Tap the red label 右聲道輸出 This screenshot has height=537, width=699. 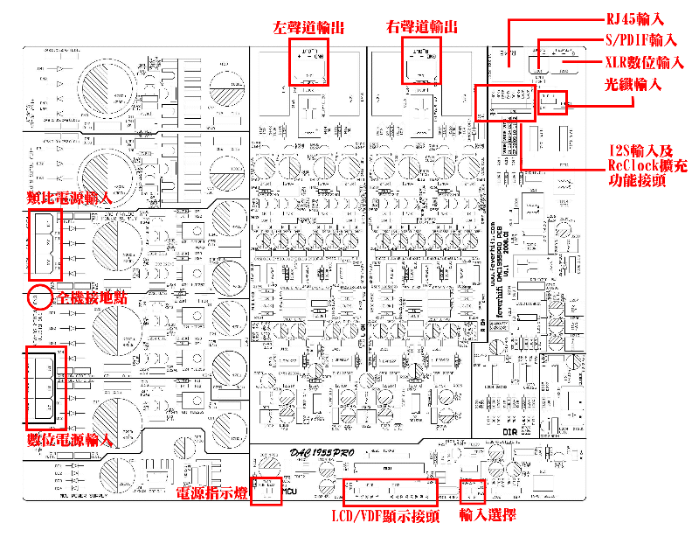point(421,27)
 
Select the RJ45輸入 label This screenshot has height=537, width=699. point(636,18)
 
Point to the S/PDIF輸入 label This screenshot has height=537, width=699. point(641,40)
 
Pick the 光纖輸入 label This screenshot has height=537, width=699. point(633,85)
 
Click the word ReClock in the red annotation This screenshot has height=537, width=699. point(630,165)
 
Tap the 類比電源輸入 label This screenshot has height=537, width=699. point(70,199)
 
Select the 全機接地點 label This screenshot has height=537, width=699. point(92,298)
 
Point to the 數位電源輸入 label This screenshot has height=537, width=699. point(70,439)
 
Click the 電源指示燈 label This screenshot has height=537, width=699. point(211,494)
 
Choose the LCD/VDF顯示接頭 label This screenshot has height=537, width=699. point(385,516)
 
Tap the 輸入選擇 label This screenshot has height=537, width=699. point(488,516)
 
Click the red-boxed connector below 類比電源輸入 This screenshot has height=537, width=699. point(46,241)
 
